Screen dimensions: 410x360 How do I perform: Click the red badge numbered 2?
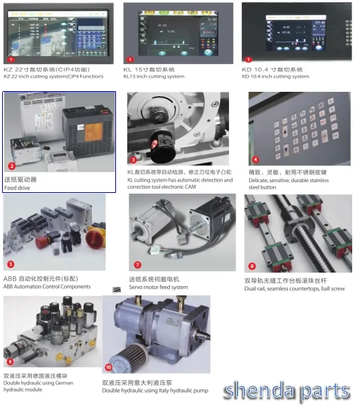pyautogui.click(x=11, y=164)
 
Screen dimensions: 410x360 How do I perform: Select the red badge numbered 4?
pyautogui.click(x=255, y=160)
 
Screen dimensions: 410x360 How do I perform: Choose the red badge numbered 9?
pyautogui.click(x=10, y=361)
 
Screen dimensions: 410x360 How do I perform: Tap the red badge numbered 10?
pyautogui.click(x=109, y=368)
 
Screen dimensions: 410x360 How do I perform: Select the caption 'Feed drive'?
pyautogui.click(x=17, y=188)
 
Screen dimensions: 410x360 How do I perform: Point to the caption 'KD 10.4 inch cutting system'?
pyautogui.click(x=275, y=76)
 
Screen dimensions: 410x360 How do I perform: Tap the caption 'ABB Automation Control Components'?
pyautogui.click(x=47, y=287)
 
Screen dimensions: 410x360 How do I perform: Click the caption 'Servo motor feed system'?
pyautogui.click(x=158, y=288)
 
